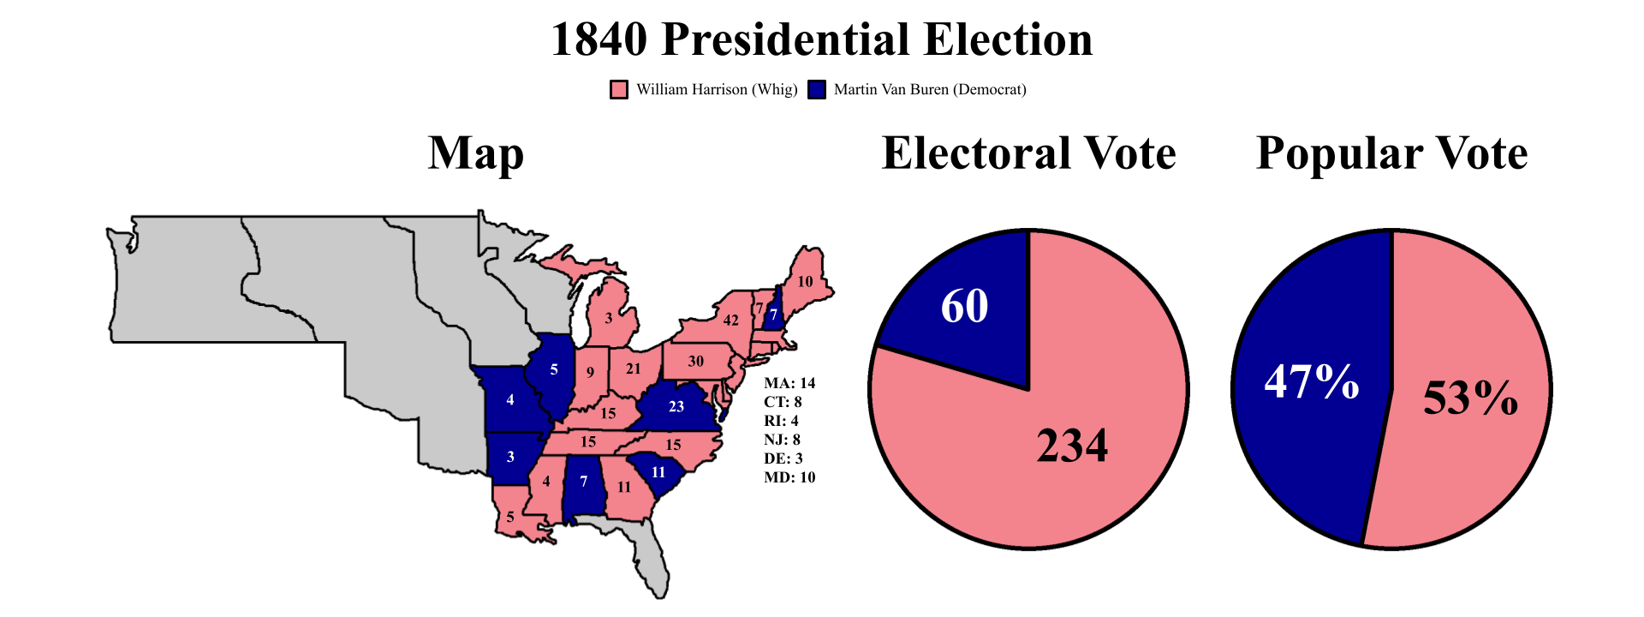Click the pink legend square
click(619, 90)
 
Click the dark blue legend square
click(817, 90)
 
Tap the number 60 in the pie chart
click(964, 306)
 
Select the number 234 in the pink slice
click(1072, 446)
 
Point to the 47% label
click(1311, 381)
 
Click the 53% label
click(1470, 398)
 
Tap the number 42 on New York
click(730, 320)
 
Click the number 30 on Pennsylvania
click(696, 362)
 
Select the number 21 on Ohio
click(633, 369)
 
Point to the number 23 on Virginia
click(676, 407)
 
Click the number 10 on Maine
click(805, 282)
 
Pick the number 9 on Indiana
click(590, 373)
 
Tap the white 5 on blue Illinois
click(554, 370)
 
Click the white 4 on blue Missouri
click(510, 400)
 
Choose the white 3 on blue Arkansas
click(510, 457)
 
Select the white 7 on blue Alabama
click(584, 482)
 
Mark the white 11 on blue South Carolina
click(658, 473)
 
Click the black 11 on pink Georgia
click(623, 488)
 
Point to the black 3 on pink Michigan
click(609, 319)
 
